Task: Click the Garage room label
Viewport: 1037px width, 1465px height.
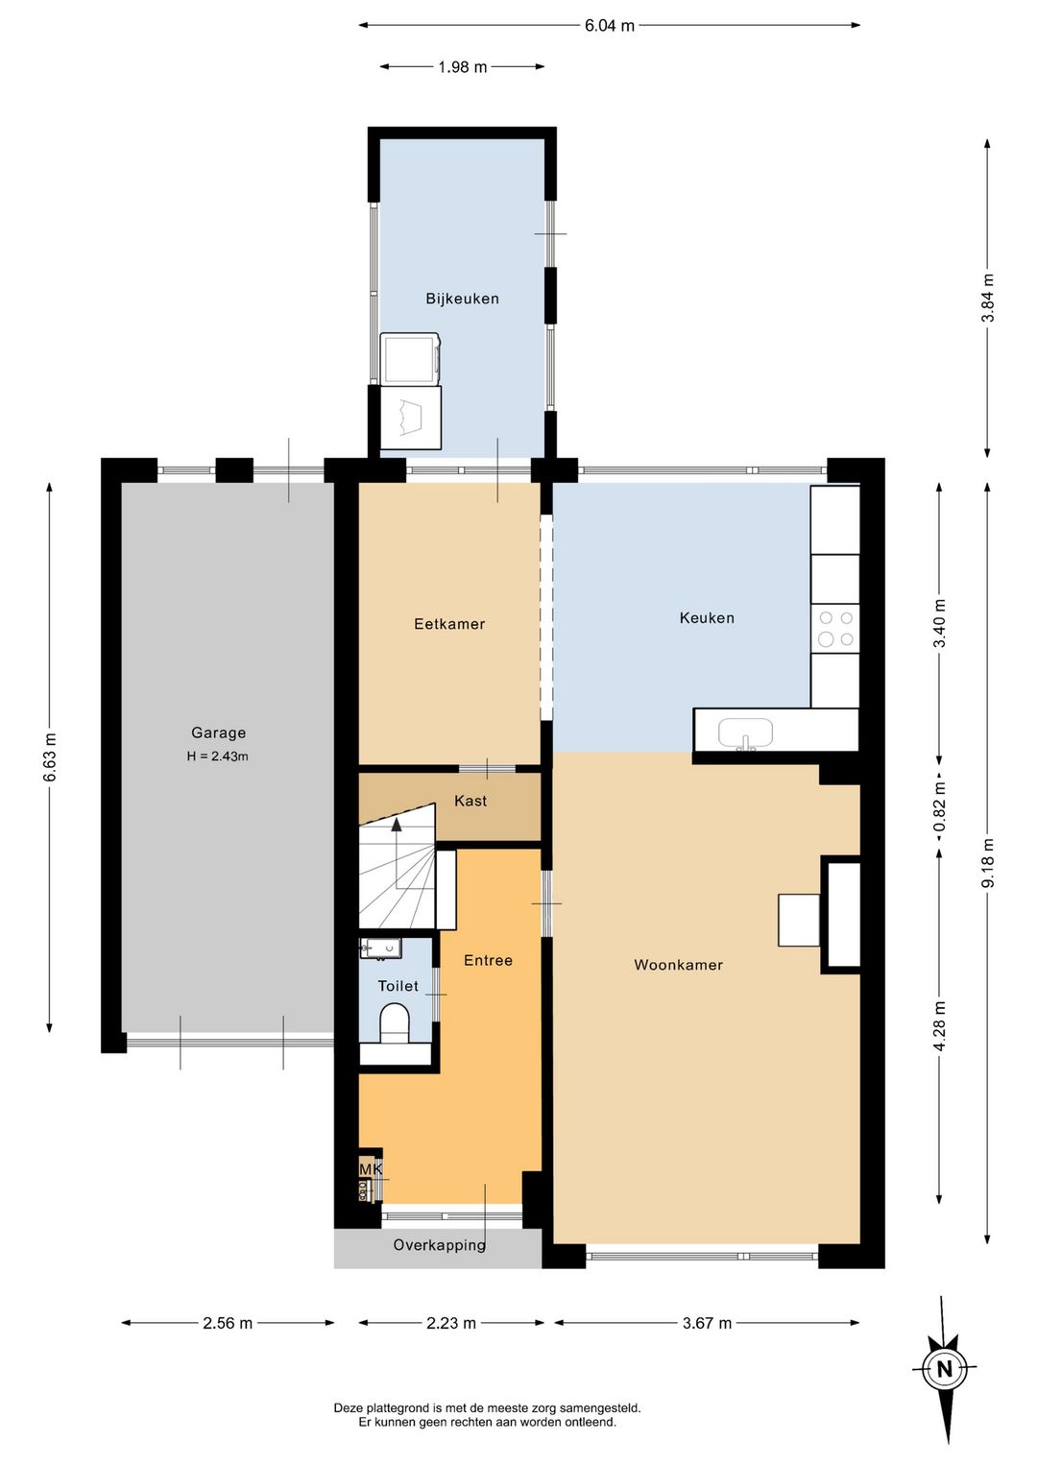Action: click(x=219, y=732)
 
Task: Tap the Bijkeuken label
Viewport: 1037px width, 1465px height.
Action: click(x=462, y=299)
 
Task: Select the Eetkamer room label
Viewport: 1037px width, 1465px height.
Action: click(x=449, y=624)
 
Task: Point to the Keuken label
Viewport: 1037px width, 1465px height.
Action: click(x=707, y=617)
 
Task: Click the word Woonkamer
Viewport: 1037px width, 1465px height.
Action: click(x=679, y=965)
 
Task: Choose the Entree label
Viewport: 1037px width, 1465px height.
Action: click(x=488, y=960)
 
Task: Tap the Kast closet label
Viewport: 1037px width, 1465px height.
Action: click(x=470, y=801)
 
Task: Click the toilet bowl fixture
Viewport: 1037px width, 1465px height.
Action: click(x=395, y=1023)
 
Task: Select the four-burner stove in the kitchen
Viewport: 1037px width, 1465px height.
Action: click(x=835, y=628)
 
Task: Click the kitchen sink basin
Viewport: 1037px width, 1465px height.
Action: click(x=745, y=733)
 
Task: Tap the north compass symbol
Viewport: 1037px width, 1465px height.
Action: click(x=944, y=1368)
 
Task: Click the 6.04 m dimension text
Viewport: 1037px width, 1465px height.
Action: click(x=609, y=26)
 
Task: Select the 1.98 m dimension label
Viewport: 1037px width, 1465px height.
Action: click(x=463, y=66)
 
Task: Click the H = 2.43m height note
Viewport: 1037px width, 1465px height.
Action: click(x=217, y=757)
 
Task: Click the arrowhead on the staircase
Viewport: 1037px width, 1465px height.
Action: click(x=397, y=825)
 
